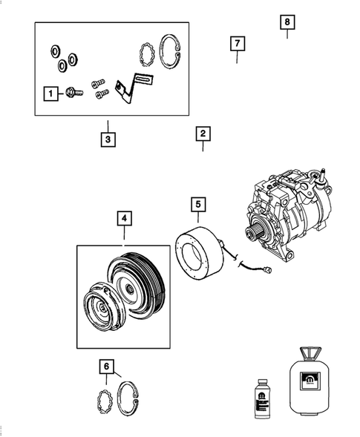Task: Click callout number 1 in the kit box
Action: [x=50, y=93]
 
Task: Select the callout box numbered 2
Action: [x=203, y=134]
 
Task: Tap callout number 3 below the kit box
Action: [x=108, y=139]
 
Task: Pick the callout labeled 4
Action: [x=124, y=218]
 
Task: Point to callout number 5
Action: [x=198, y=203]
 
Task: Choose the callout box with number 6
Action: [x=108, y=366]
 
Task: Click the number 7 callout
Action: [x=236, y=44]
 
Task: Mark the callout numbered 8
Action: [x=287, y=22]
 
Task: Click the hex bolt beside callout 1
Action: [x=71, y=93]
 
